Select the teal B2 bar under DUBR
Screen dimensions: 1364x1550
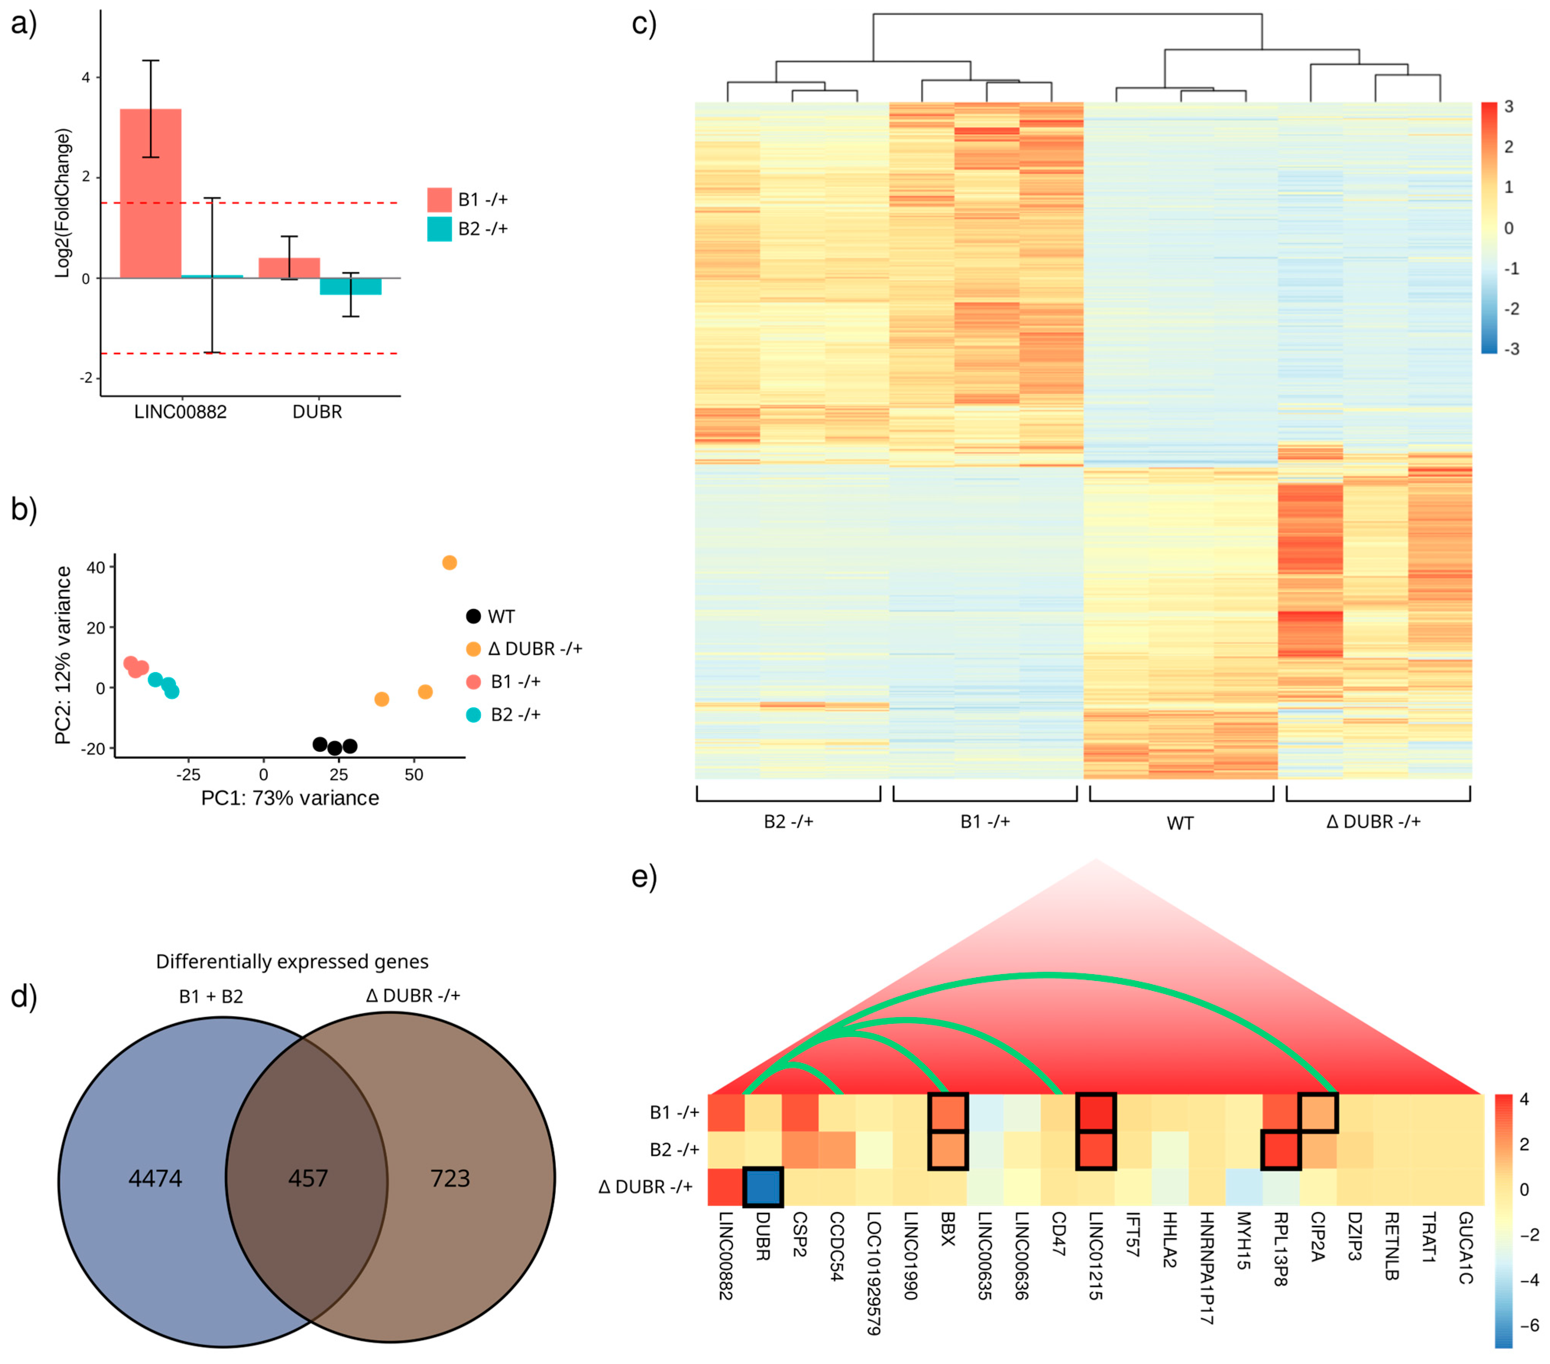[x=350, y=286]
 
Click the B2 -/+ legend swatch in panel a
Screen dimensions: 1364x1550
[x=439, y=229]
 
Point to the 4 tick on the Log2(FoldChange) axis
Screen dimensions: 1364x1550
[x=86, y=78]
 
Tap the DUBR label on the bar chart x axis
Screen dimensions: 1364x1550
[x=317, y=412]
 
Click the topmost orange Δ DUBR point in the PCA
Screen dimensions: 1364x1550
[x=449, y=562]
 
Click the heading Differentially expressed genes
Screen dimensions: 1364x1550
[x=292, y=962]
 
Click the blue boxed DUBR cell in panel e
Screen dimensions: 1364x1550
[x=763, y=1186]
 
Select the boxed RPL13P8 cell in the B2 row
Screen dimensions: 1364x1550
[x=1281, y=1149]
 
